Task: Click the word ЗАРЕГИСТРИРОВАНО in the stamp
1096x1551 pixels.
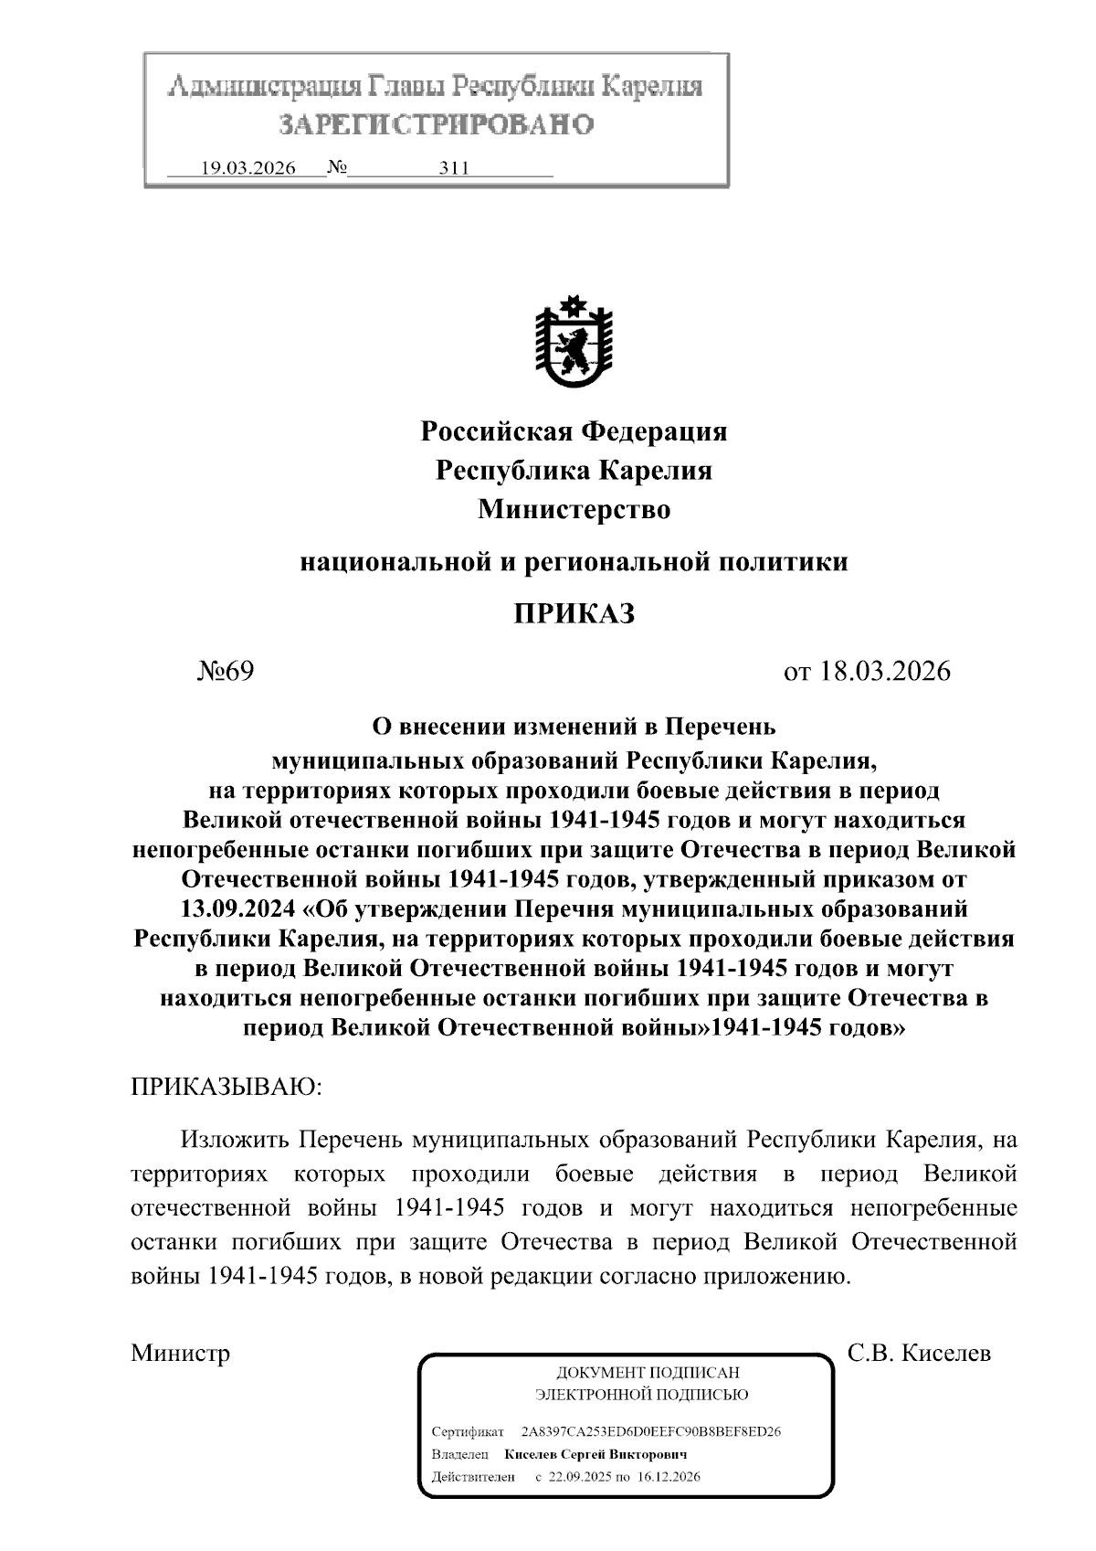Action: (436, 123)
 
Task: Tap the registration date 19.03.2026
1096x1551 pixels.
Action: (248, 168)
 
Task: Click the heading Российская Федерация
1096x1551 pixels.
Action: (574, 431)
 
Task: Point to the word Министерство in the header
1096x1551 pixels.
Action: (574, 510)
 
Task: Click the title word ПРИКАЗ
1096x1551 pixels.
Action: (574, 614)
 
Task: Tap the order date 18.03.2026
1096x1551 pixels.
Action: (885, 672)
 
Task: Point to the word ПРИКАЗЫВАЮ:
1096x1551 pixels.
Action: (227, 1087)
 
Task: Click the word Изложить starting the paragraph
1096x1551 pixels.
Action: (236, 1141)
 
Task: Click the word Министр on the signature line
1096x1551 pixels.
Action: (180, 1353)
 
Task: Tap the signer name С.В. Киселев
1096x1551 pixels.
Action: (919, 1353)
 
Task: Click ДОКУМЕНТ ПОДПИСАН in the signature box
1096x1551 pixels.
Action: (648, 1373)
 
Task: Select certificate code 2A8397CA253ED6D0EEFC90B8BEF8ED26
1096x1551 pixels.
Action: (650, 1431)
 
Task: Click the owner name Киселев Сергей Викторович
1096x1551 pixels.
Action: (595, 1454)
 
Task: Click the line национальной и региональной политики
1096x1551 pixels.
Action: (574, 561)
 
